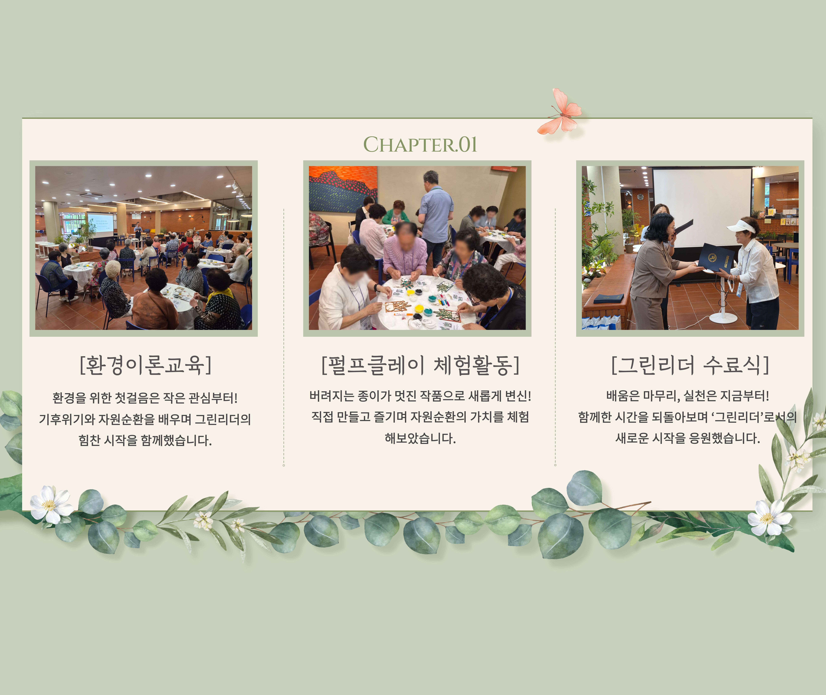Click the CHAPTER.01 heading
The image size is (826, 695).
[420, 145]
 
